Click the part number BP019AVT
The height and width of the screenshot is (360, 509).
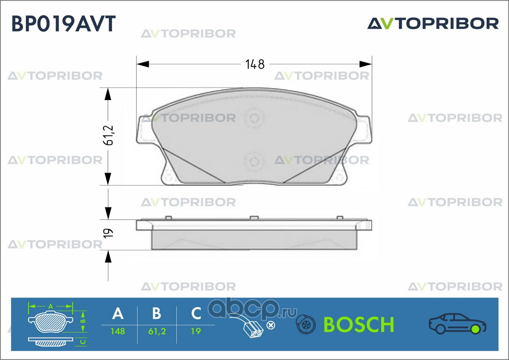coord(64,24)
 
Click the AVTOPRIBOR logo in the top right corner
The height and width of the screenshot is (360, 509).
coord(433,23)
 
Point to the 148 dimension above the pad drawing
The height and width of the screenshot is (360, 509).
coord(255,64)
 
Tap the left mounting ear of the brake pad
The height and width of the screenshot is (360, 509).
coord(144,130)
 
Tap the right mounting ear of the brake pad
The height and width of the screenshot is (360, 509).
coord(364,130)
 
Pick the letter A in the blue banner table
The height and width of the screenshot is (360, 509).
coord(118,314)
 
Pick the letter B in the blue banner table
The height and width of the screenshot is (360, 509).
coord(157,314)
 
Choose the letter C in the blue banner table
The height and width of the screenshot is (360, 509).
coord(196,314)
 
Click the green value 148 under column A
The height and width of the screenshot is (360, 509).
coord(118,331)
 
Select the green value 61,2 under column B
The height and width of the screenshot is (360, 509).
coord(157,331)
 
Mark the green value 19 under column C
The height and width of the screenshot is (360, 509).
coord(196,331)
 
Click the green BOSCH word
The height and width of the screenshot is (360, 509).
coord(359,325)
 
